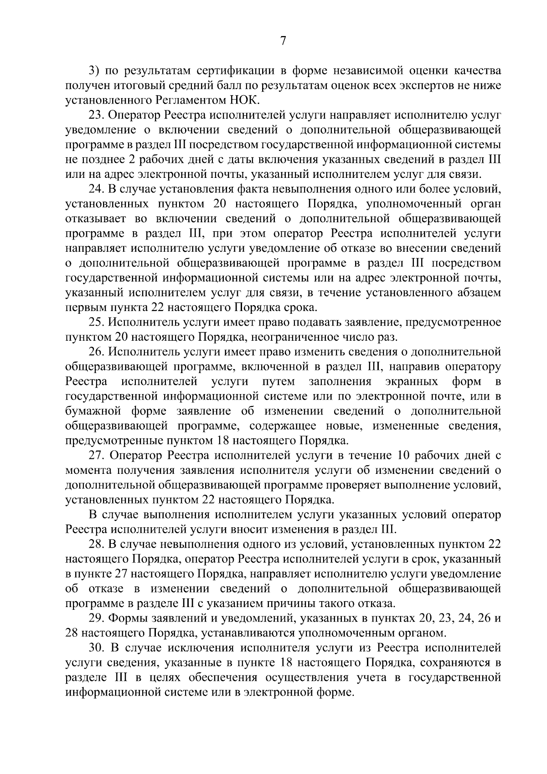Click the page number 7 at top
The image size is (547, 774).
coord(283,41)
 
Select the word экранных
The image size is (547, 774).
coord(412,381)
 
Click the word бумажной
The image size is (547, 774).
coord(93,411)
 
